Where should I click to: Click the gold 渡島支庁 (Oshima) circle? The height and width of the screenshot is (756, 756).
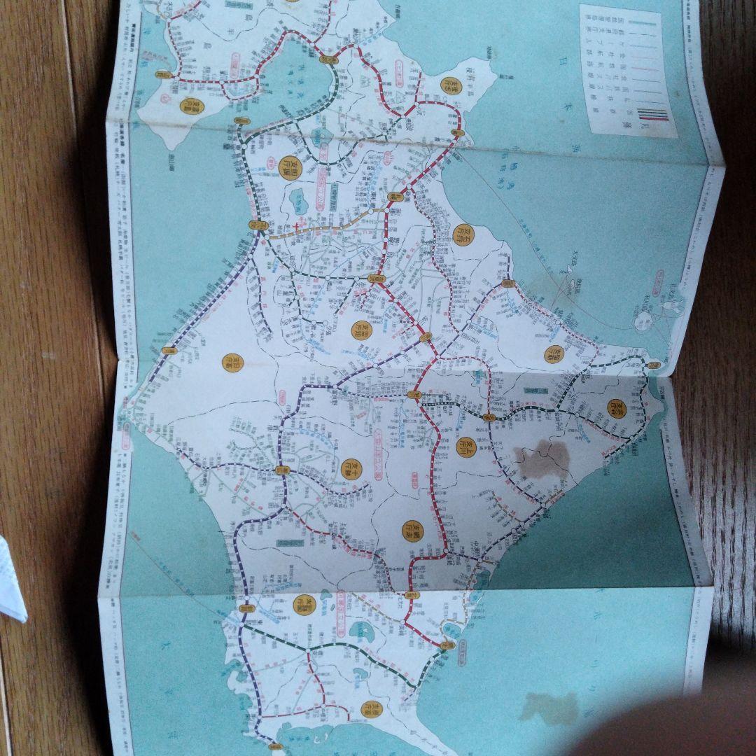tap(187, 105)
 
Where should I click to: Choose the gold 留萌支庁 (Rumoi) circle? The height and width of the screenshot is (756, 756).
tap(553, 353)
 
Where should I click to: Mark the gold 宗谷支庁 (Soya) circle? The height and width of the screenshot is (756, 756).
tap(615, 409)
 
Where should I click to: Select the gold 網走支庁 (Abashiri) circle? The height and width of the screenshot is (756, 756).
tap(412, 531)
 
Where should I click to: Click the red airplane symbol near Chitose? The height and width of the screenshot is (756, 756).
tap(297, 226)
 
